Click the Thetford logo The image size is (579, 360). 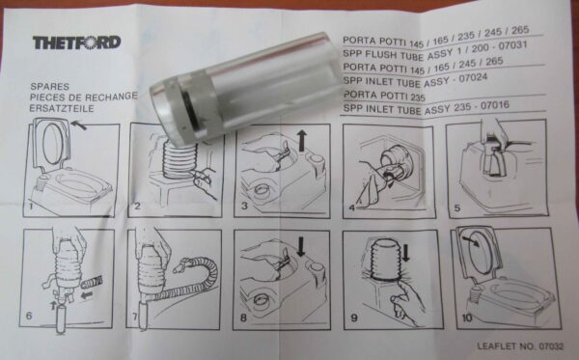pos(77,42)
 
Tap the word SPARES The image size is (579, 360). pos(50,87)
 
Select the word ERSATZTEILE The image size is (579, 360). pos(62,108)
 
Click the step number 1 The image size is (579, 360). pos(31,206)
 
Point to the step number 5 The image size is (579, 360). pos(457,208)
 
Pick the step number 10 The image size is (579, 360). pos(467,318)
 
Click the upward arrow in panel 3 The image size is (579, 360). pos(302,140)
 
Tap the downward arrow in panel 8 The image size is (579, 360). pos(301,247)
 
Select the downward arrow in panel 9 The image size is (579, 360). pos(406,253)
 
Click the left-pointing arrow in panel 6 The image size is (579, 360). pos(86,295)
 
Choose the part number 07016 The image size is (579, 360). pos(495,106)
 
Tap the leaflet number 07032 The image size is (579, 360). pos(551,346)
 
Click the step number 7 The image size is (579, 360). pos(135,317)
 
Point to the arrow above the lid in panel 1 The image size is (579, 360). pos(79,125)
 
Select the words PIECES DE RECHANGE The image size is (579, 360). pos(83,97)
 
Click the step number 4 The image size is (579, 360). pos(351,208)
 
